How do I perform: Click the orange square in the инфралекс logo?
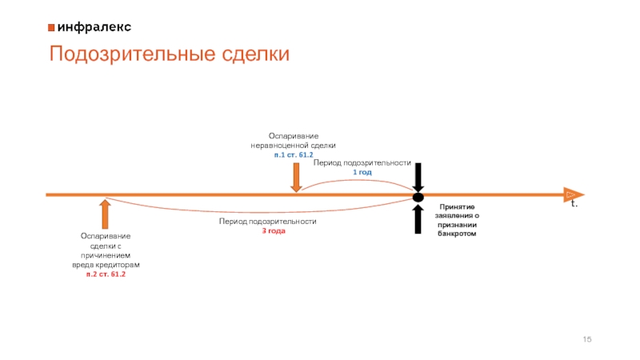pos(51,26)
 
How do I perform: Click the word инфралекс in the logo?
pos(94,26)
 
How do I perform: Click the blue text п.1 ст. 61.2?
pos(294,154)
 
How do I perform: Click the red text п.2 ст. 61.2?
pos(106,274)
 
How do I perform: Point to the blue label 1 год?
pos(362,172)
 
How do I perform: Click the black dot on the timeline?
pos(418,197)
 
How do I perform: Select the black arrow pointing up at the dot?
pos(418,218)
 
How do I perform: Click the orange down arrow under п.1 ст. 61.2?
pos(296,177)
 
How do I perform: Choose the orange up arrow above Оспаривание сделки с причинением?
pos(106,214)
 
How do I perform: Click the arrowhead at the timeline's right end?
pos(573,194)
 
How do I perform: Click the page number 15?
pos(588,340)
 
